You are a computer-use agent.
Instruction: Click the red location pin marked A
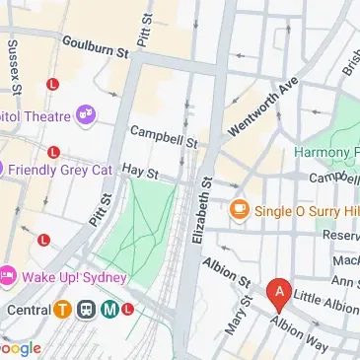[279, 293]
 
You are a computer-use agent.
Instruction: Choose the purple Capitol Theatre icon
[87, 114]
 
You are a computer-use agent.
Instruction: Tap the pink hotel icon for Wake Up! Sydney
[7, 272]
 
